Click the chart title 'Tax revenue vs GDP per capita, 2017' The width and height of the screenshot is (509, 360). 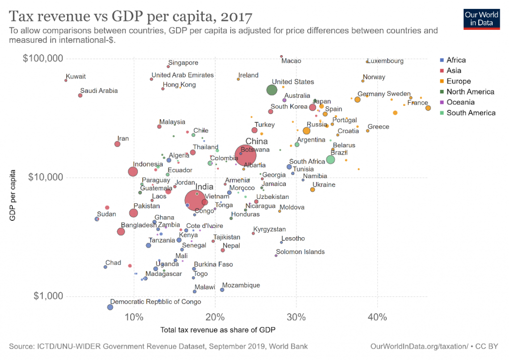131,16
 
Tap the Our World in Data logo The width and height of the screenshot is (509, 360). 481,18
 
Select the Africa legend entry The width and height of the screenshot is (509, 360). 456,60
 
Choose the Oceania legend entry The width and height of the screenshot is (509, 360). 458,102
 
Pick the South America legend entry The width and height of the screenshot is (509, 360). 471,113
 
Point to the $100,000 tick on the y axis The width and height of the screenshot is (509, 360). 43,59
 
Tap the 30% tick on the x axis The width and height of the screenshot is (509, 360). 296,317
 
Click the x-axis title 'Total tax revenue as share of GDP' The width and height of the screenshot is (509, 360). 218,330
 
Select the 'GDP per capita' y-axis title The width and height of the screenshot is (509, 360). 13,195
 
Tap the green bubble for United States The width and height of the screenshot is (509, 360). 271,90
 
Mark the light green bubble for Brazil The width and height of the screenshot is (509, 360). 331,160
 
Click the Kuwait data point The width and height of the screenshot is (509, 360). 66,80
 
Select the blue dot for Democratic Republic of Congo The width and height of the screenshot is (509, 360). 110,307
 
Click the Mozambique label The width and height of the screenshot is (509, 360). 241,285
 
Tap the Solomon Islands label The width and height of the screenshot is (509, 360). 300,252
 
